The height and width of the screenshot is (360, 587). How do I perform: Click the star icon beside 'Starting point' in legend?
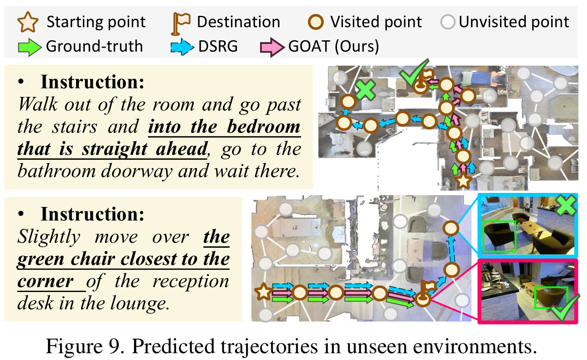[x=28, y=22]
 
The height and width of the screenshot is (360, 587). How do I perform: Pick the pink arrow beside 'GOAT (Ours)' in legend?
[x=270, y=47]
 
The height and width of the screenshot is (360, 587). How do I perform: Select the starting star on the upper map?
[x=463, y=182]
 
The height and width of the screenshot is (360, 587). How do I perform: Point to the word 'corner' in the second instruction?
[x=46, y=281]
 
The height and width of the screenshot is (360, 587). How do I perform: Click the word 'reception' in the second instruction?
[x=190, y=281]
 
